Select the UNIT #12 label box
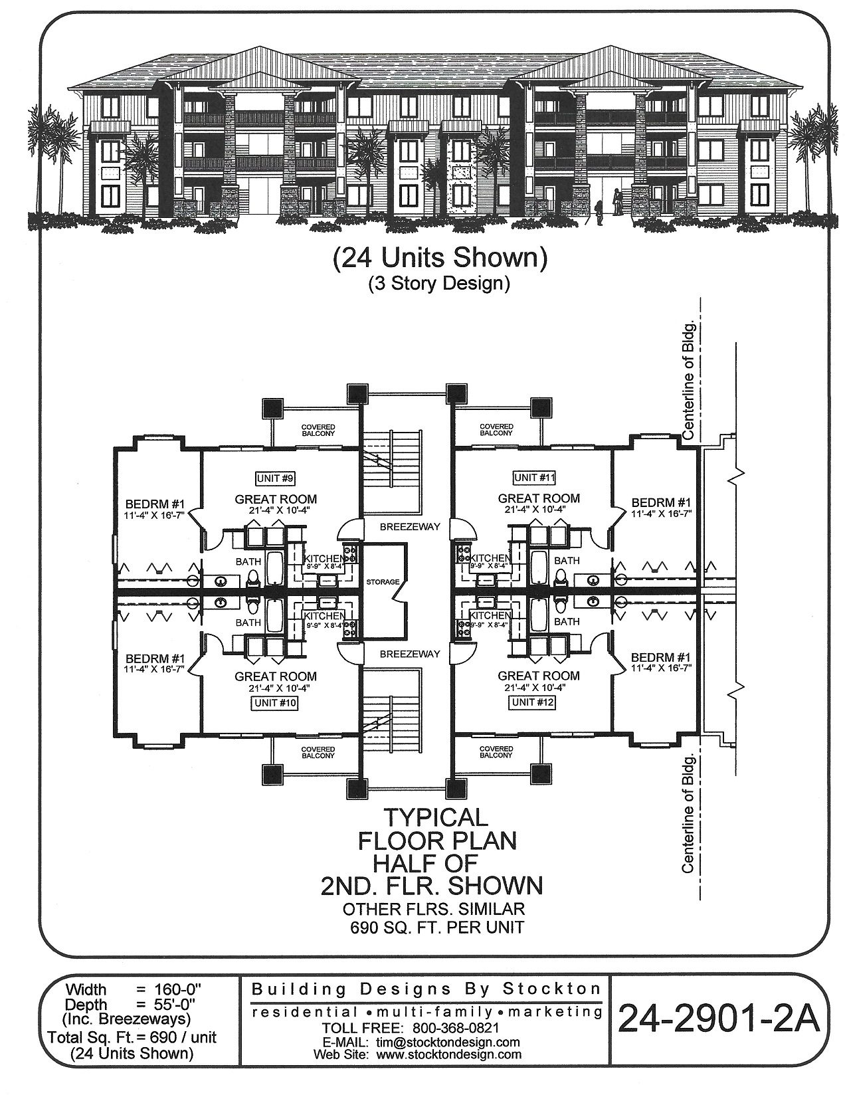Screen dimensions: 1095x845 coord(533,702)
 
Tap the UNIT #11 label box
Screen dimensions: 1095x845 coord(535,477)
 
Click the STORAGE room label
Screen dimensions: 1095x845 coord(383,582)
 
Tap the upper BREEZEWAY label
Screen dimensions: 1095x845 coord(410,526)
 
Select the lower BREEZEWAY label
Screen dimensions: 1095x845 coord(410,654)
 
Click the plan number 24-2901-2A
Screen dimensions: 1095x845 coord(719,1018)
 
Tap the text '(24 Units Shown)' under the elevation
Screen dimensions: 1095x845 coord(439,258)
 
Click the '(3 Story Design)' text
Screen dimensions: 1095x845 coord(439,284)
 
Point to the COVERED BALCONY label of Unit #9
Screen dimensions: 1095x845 coord(318,430)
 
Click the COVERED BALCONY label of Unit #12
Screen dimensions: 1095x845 coord(496,752)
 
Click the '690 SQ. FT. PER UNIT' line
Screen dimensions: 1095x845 coord(438,927)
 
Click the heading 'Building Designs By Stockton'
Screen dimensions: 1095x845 coord(426,989)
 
